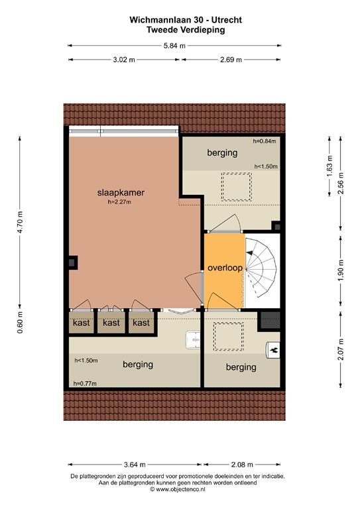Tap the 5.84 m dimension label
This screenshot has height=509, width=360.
(174, 46)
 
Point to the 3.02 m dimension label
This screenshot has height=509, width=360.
(124, 60)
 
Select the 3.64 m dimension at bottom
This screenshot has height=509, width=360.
(134, 465)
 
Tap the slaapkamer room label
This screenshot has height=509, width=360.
(121, 193)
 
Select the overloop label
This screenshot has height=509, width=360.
(224, 268)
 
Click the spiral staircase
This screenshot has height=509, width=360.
(261, 268)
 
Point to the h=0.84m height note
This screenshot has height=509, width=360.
(265, 141)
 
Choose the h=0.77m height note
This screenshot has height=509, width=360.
(86, 383)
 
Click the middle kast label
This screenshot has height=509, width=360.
(111, 323)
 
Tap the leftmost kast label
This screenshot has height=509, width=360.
(82, 323)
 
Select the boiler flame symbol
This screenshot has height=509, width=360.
(273, 349)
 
